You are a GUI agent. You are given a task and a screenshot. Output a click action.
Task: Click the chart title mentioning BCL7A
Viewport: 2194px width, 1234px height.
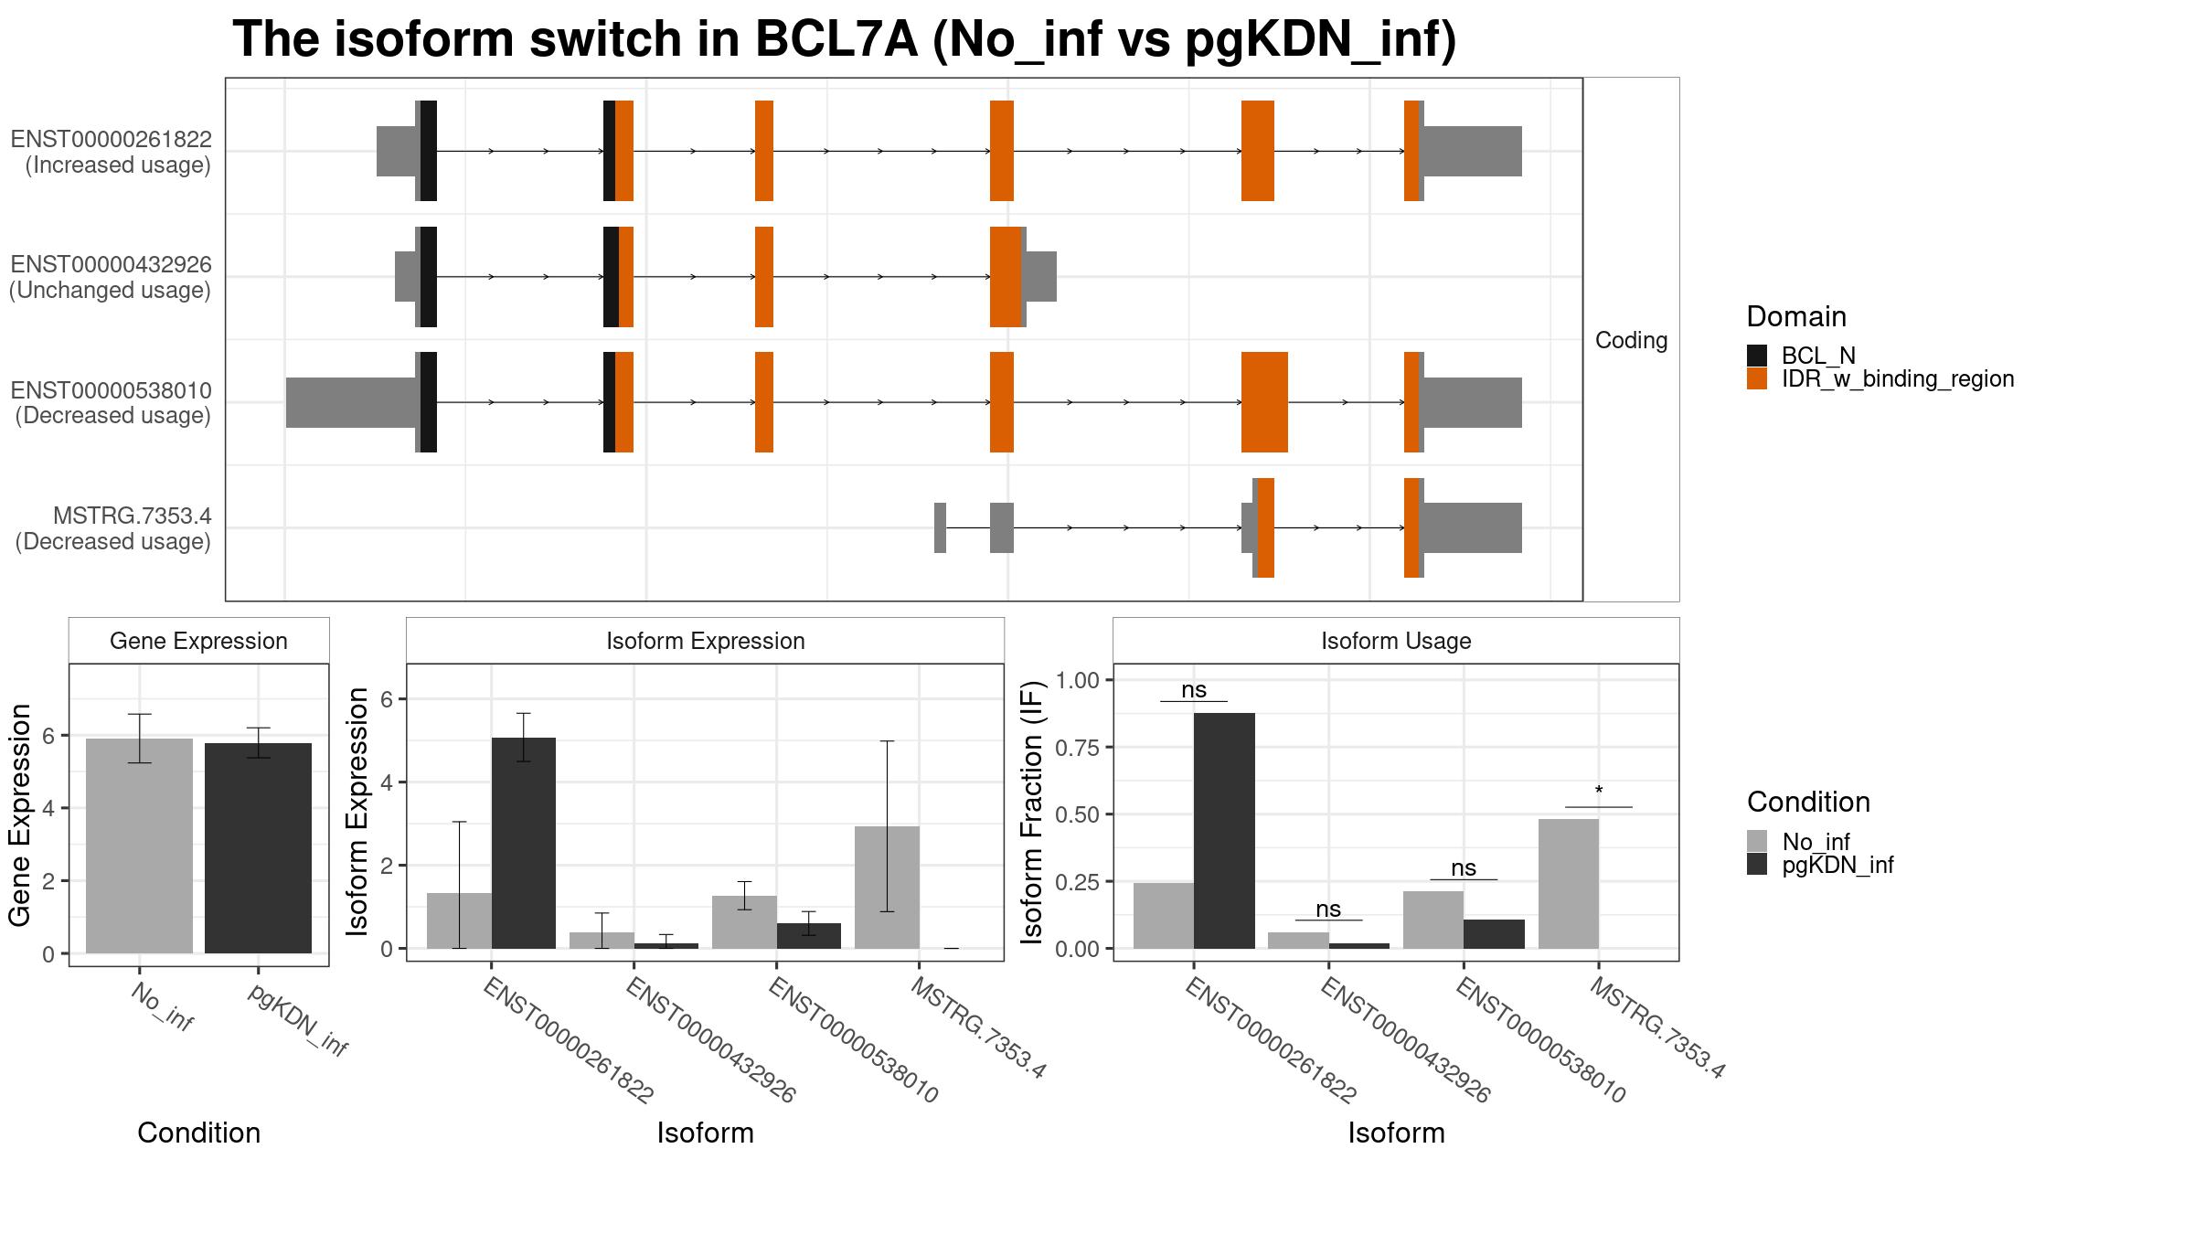pos(845,39)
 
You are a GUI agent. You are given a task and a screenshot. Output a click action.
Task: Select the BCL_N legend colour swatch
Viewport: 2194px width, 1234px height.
pos(1757,356)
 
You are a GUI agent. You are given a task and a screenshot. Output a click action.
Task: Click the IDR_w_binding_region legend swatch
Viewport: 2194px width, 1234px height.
pos(1757,378)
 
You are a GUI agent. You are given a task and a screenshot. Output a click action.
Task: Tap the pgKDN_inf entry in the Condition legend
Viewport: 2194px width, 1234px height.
pos(1837,865)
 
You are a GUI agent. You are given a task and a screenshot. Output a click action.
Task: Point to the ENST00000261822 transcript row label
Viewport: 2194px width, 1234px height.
pos(112,140)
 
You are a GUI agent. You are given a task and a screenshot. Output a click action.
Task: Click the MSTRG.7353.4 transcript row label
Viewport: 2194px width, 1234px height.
pos(133,516)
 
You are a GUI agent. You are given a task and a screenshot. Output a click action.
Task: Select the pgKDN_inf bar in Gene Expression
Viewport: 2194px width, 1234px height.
pos(258,848)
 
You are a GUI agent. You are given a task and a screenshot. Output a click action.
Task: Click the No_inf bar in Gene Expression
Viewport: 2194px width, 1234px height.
pos(139,846)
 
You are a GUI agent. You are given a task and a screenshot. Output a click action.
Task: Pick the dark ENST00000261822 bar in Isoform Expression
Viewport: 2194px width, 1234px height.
pos(524,843)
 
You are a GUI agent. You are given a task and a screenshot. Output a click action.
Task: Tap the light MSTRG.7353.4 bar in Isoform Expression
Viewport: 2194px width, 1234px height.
pos(887,888)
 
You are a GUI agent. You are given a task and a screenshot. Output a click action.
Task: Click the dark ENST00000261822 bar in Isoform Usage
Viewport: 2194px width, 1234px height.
pos(1224,831)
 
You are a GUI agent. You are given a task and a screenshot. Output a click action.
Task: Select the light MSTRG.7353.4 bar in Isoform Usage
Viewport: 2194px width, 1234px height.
pos(1569,884)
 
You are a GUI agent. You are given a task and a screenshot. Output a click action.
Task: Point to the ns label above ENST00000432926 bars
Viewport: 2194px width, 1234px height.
pos(1328,909)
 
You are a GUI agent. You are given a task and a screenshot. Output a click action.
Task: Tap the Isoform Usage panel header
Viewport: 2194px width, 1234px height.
pos(1396,641)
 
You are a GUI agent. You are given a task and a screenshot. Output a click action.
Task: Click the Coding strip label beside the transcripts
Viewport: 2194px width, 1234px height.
pos(1632,340)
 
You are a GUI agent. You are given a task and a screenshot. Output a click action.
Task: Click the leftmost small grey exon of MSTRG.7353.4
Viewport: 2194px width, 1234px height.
pos(940,527)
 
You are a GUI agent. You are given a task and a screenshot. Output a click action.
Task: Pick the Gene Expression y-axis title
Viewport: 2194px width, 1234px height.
pos(20,815)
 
